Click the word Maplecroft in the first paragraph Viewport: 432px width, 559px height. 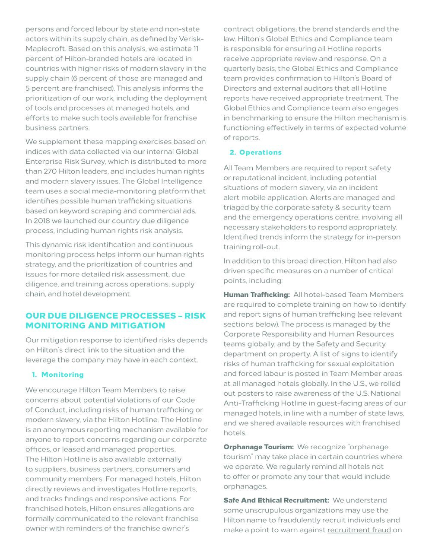(x=45, y=48)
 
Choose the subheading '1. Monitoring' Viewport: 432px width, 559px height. (x=58, y=375)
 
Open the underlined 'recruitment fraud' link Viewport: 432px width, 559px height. (x=359, y=530)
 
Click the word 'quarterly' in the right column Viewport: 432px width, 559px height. (x=239, y=68)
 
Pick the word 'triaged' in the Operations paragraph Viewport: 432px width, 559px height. (x=235, y=207)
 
